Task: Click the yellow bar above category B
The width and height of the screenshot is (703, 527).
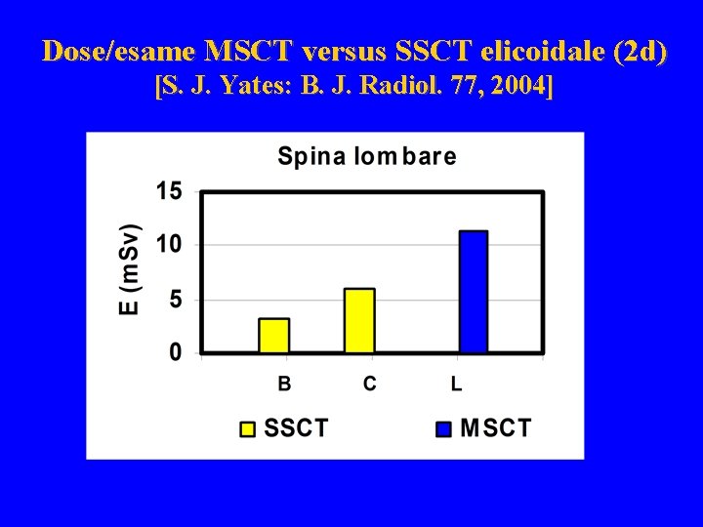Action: point(273,335)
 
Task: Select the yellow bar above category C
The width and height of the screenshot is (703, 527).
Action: point(359,320)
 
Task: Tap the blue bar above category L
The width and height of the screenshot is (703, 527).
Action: point(473,291)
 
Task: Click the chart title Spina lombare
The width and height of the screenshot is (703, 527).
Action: point(366,156)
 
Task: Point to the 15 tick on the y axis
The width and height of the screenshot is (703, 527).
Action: point(169,191)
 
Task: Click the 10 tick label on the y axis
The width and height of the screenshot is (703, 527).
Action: point(169,244)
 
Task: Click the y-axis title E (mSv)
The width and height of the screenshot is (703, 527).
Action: point(130,268)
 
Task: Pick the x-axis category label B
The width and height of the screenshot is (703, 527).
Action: point(284,384)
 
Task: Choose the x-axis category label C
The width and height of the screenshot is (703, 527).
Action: point(369,384)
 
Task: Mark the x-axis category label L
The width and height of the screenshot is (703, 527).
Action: point(456,384)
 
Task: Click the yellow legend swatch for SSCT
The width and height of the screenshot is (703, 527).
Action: point(248,428)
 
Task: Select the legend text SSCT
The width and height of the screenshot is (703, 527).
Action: point(297,428)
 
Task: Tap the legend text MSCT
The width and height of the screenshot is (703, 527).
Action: point(496,428)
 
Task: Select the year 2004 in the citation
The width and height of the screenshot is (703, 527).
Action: point(521,87)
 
